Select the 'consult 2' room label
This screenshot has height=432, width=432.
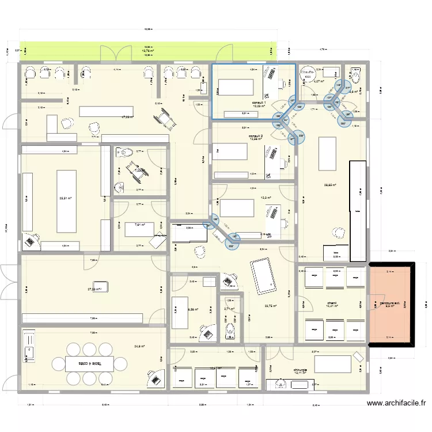coord(256,136)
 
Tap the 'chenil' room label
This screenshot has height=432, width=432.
coord(332,302)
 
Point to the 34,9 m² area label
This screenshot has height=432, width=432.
coord(139,346)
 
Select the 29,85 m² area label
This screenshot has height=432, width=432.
coord(330,185)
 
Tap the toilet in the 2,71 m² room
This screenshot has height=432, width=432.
coord(230,329)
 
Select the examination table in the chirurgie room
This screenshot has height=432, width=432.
coord(335,364)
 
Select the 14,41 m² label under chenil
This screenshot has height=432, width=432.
coord(332,307)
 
